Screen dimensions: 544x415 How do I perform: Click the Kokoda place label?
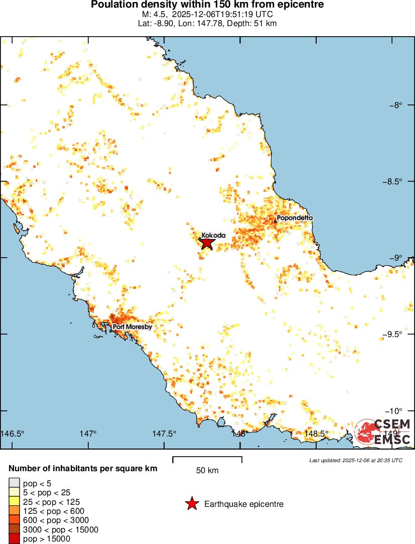point(213,235)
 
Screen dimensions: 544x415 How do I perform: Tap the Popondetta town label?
point(295,218)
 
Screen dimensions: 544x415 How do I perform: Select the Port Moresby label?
point(132,327)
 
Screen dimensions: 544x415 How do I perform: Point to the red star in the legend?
point(191,504)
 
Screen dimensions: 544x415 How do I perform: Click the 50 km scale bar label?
point(207,471)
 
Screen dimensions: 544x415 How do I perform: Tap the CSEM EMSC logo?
point(383,432)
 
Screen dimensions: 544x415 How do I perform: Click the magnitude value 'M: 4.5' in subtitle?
point(154,14)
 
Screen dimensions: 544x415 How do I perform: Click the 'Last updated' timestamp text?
point(356,460)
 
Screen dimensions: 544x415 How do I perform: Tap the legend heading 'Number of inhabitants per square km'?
point(83,469)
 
